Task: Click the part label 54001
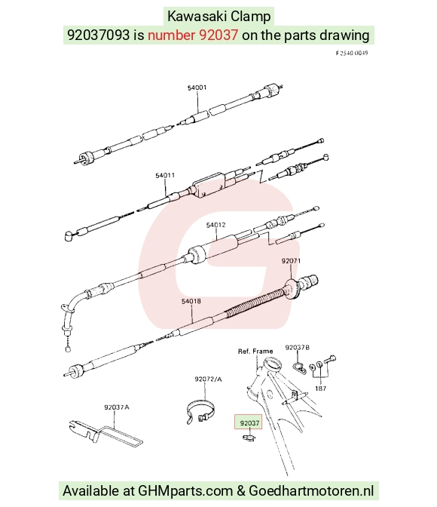coord(197,88)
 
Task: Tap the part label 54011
coord(165,176)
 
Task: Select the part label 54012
coord(215,225)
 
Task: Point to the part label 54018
coord(191,301)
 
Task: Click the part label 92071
coord(291,261)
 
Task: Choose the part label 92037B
coord(297,348)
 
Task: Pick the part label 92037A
coord(117,407)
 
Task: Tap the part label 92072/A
coord(208,379)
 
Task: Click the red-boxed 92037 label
coord(249,423)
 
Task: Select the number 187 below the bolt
coord(320,389)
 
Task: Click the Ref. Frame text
coord(255,351)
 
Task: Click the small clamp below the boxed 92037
coord(249,438)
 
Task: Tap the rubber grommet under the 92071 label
coord(293,290)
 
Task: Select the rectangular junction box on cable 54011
coord(209,186)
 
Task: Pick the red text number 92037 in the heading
coord(193,35)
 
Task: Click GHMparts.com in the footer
coord(185,491)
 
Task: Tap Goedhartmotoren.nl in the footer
coord(311,491)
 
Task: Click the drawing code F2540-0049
coord(352,53)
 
